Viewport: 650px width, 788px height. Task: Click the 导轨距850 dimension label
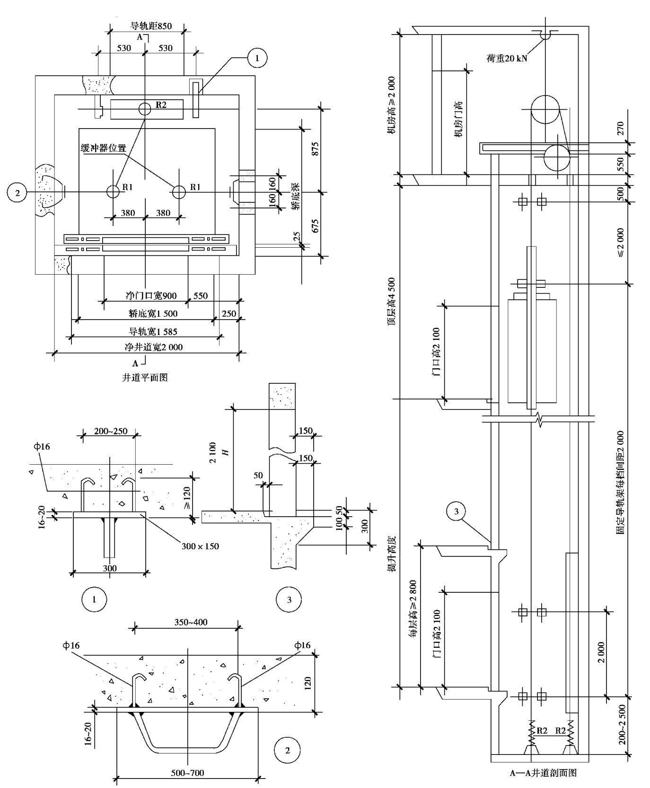pos(151,26)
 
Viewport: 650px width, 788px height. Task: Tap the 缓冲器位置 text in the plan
pos(104,148)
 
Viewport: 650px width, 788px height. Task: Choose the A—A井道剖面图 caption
pos(543,773)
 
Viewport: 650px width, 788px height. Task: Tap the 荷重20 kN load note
pos(507,59)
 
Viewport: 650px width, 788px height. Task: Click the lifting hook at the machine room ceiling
pos(545,35)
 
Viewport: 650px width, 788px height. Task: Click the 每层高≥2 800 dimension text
pos(413,609)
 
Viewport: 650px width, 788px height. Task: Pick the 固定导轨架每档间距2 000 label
pos(620,482)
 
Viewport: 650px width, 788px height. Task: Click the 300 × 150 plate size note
pos(200,546)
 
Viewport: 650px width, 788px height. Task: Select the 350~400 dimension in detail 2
pos(191,622)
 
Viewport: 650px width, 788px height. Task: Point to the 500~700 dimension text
pos(187,773)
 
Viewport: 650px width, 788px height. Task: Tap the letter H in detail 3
pos(226,452)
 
